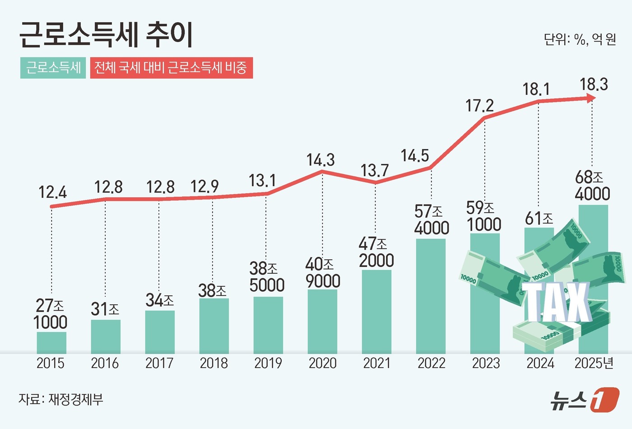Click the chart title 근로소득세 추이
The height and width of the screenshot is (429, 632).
coord(106,35)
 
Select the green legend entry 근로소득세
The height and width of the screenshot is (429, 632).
coord(53,68)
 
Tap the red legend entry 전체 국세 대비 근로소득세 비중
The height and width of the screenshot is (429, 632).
coord(171,68)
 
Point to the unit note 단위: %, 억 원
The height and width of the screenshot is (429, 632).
coord(580,40)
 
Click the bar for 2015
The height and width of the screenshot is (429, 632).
coord(51,343)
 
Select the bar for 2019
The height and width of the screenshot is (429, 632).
coord(268,325)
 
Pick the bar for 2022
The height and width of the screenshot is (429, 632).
coord(431,296)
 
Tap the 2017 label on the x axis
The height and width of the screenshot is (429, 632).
coord(159,363)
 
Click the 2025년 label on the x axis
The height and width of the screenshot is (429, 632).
coord(594,363)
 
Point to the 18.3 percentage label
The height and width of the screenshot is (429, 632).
coord(594,84)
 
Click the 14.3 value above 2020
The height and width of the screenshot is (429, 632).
coord(321,160)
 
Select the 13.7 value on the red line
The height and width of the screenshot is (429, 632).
coord(374,171)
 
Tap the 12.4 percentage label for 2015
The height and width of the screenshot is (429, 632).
coord(52,192)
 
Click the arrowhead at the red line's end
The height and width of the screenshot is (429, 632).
coord(590,98)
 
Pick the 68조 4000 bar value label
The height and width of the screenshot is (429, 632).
coord(592,186)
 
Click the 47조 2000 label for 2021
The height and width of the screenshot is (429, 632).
coord(376,252)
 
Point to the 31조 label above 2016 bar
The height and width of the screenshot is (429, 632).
coord(105,309)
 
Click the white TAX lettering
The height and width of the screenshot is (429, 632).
coord(557,302)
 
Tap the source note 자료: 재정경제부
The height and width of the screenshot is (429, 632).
coord(61,399)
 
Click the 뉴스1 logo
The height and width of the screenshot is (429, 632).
coord(584,399)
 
